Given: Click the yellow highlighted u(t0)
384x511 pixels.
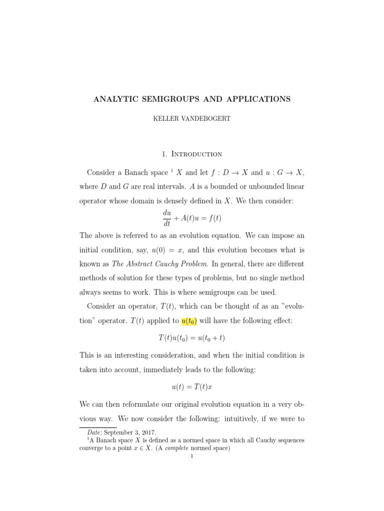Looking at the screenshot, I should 182,321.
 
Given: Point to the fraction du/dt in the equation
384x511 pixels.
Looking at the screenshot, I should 166,219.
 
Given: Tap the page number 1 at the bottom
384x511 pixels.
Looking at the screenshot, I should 191,456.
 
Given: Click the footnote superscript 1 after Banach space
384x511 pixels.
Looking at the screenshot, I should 171,171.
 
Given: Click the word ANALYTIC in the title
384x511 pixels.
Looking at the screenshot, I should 115,99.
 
